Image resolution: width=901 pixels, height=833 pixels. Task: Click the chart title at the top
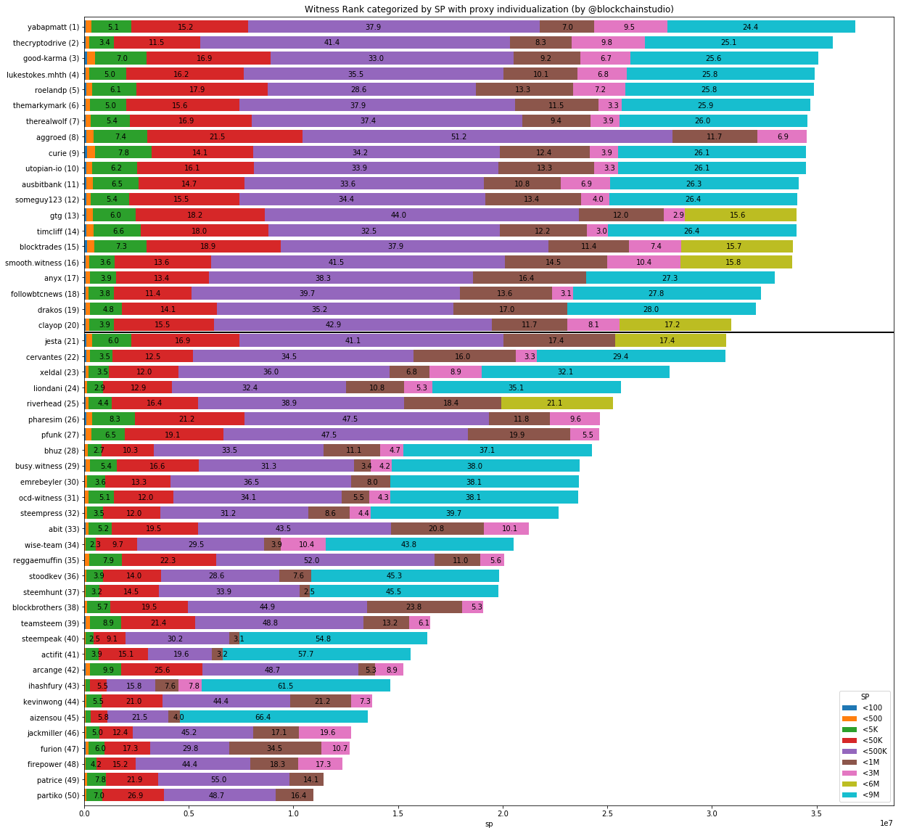489,9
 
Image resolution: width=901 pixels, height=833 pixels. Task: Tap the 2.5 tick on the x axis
607,813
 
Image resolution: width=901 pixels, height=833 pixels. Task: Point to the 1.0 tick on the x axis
293,813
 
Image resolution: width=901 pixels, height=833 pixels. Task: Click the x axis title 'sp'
489,824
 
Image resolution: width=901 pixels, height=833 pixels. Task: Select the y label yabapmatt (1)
54,27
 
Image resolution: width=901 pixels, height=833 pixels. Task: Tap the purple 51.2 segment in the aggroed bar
487,137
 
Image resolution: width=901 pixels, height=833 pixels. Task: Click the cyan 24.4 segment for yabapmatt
761,27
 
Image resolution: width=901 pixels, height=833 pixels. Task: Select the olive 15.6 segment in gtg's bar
740,216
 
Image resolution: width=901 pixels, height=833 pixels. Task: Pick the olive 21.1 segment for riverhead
556,403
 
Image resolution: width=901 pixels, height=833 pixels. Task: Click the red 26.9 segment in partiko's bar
134,795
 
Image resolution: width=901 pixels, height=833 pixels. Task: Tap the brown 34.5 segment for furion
275,748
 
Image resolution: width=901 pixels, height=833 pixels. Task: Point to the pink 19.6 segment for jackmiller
325,733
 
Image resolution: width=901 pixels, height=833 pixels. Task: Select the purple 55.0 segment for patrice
223,780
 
